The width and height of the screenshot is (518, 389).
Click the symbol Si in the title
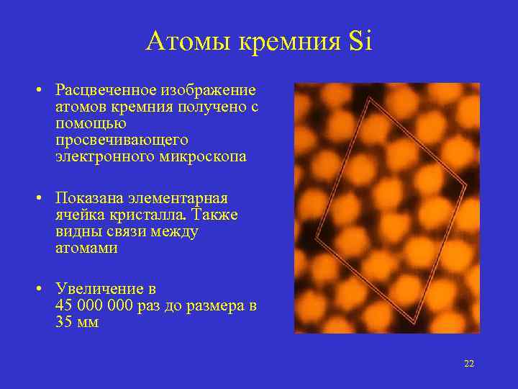359,42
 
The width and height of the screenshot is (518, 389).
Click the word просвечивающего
121,140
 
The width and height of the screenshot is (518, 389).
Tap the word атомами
86,249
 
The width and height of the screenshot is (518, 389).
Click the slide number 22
469,364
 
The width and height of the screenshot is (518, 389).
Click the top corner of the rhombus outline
369,99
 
